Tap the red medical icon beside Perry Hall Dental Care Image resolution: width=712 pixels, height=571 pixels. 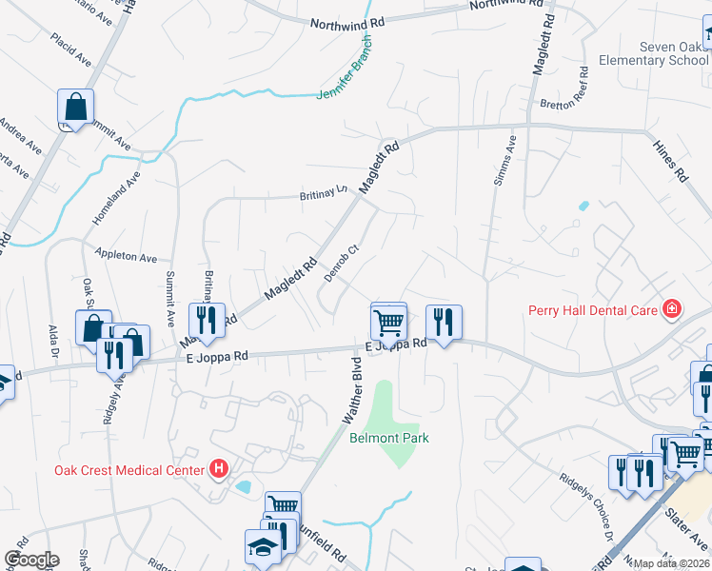point(672,308)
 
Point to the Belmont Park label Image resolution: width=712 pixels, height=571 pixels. point(389,438)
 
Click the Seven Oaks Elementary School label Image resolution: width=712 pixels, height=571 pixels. point(653,53)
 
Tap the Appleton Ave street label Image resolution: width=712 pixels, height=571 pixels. point(126,256)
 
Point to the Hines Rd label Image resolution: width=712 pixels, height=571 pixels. point(669,161)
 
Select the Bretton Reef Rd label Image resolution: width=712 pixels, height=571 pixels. point(566,104)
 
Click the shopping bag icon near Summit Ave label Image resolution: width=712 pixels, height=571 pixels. point(75,108)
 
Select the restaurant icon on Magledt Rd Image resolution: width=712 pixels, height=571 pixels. point(207,320)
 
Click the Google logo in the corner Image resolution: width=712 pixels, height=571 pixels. point(31,559)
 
